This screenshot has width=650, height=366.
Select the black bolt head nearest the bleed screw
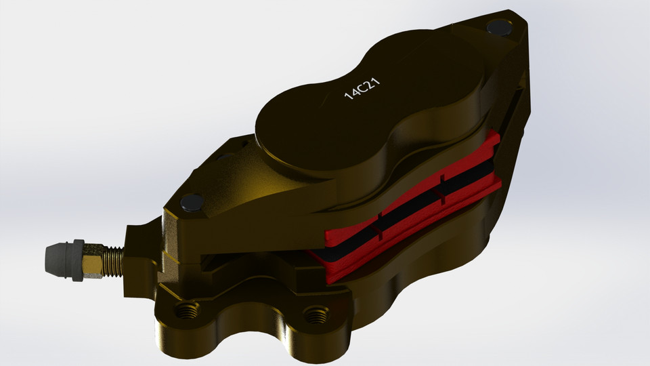(192, 201)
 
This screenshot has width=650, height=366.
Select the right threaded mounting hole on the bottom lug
(313, 314)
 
